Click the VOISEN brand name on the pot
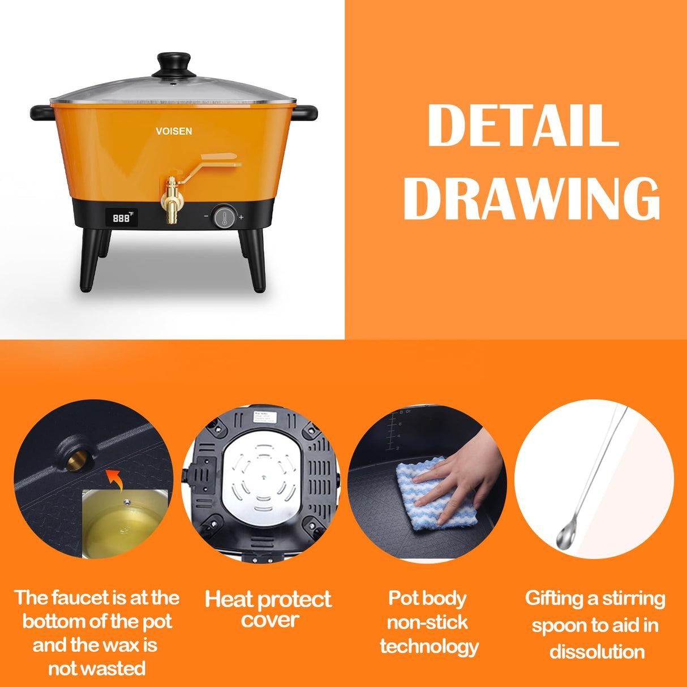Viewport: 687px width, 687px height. [x=174, y=131]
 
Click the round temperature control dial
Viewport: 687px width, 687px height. [x=223, y=217]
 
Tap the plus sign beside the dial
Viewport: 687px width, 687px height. [x=241, y=217]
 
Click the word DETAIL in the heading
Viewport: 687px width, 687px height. [x=523, y=125]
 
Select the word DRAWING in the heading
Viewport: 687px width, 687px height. [x=531, y=197]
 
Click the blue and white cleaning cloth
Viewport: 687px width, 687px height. [x=430, y=498]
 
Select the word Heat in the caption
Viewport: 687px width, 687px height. [x=230, y=599]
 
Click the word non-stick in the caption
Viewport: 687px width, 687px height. [x=427, y=622]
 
